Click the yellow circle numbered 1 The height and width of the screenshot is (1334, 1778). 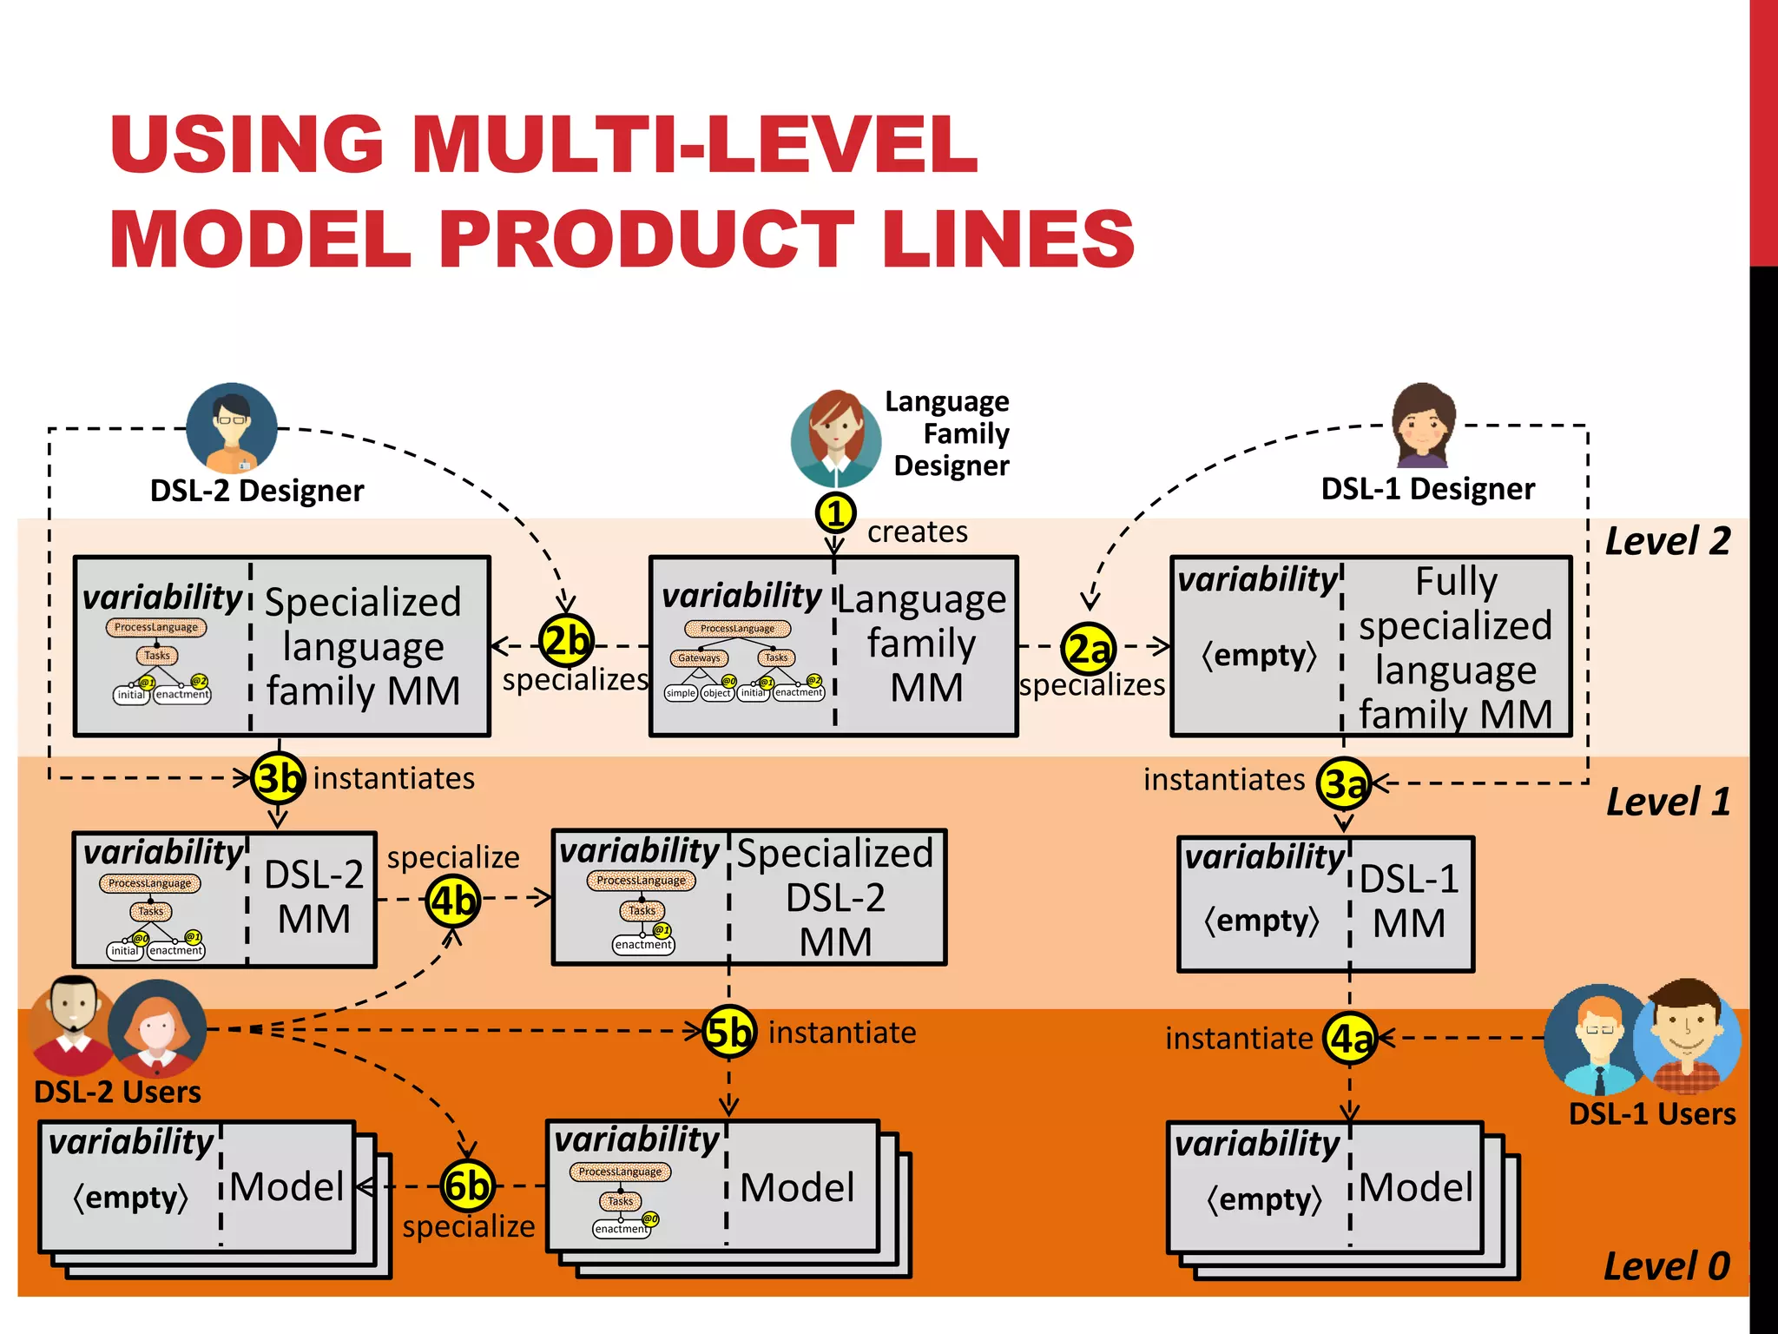pos(835,513)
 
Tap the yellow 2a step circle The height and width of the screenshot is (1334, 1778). pos(1088,648)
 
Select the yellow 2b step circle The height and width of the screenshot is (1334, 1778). pos(566,642)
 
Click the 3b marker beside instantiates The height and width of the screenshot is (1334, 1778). pos(278,778)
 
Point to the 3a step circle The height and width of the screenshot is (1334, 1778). pos(1344,783)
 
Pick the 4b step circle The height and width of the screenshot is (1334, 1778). pos(453,901)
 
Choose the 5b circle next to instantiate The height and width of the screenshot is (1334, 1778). pos(728,1032)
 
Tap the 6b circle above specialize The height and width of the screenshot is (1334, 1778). pos(467,1185)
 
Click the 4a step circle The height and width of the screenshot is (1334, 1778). pos(1350,1038)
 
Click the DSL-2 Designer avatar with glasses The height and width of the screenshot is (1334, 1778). pos(232,428)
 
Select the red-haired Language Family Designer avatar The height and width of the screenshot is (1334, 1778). pos(835,439)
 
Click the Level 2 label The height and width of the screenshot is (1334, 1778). pos(1667,541)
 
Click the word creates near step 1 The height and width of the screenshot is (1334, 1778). pos(917,532)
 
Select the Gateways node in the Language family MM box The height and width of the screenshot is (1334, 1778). pos(699,658)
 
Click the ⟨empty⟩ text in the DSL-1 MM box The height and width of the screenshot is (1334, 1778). pos(1261,920)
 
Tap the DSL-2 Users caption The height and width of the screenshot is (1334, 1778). pos(117,1092)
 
